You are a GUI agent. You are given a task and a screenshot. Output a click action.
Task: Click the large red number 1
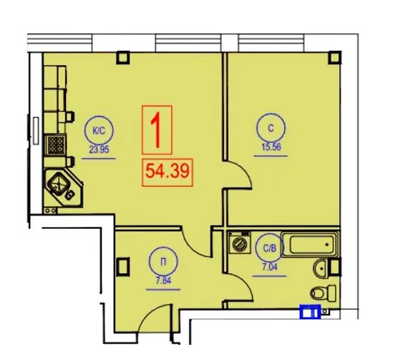click(156, 129)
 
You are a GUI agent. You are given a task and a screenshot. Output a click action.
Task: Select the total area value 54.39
click(167, 170)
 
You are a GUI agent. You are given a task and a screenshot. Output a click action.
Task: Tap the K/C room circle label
click(99, 131)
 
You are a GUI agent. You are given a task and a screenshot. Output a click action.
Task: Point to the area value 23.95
click(99, 150)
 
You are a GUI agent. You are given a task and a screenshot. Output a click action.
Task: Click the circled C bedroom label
click(271, 128)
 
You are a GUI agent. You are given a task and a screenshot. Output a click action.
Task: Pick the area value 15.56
click(272, 146)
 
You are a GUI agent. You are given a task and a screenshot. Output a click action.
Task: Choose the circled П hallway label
click(163, 261)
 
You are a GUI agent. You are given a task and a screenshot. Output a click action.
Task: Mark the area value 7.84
click(164, 281)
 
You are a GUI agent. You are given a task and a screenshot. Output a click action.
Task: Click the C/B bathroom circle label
click(270, 248)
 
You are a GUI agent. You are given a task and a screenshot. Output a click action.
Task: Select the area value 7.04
click(270, 267)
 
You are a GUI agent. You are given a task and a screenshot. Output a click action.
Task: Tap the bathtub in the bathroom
click(310, 244)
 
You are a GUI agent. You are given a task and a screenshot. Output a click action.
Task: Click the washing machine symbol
click(240, 242)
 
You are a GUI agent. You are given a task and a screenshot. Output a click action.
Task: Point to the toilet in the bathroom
click(324, 292)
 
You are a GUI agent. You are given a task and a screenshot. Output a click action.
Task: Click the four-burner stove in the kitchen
click(55, 145)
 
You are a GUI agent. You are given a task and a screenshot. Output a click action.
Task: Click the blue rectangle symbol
click(310, 312)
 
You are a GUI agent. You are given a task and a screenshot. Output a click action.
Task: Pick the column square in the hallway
click(123, 266)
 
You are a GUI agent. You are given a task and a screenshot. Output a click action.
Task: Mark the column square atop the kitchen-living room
click(123, 58)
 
